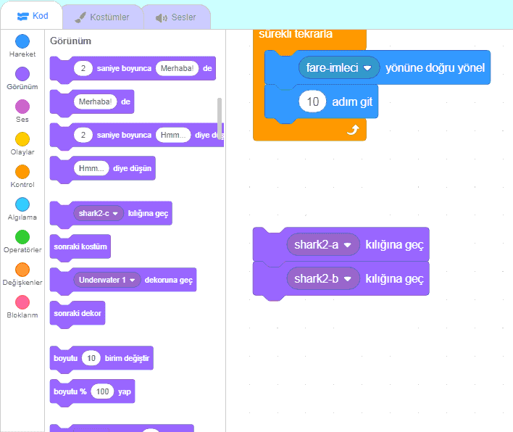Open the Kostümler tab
[x=102, y=17]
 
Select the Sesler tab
[x=176, y=17]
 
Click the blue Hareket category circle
[x=22, y=41]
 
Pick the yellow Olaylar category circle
[x=22, y=139]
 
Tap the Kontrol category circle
[x=22, y=172]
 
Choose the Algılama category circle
[x=22, y=204]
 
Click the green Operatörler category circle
[x=22, y=237]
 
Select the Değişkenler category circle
[x=22, y=270]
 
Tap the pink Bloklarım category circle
[x=22, y=302]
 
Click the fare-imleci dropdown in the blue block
[x=338, y=67]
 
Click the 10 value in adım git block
[x=312, y=102]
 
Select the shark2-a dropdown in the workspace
[x=323, y=245]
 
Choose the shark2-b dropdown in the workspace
[x=323, y=278]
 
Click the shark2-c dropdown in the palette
[x=98, y=214]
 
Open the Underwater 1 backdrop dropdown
[x=107, y=280]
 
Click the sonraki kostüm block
[x=80, y=246]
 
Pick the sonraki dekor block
[x=77, y=313]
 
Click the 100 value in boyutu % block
[x=103, y=391]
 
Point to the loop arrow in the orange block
[x=354, y=130]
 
